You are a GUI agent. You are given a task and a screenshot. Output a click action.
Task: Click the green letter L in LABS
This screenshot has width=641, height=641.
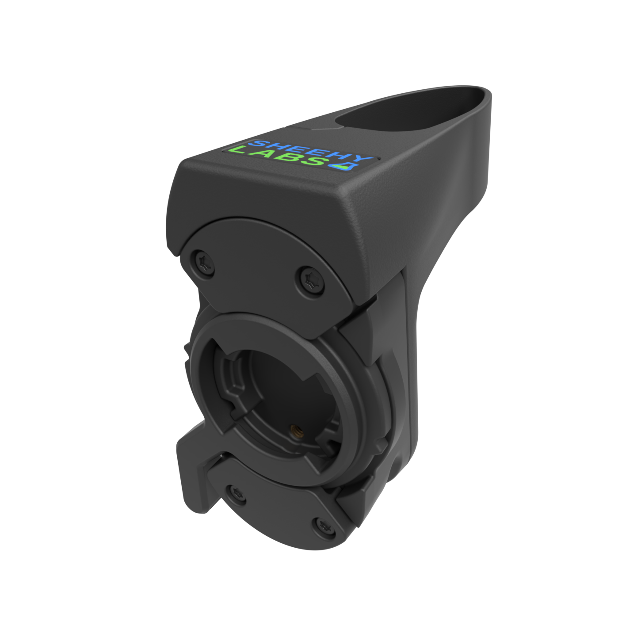241,149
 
